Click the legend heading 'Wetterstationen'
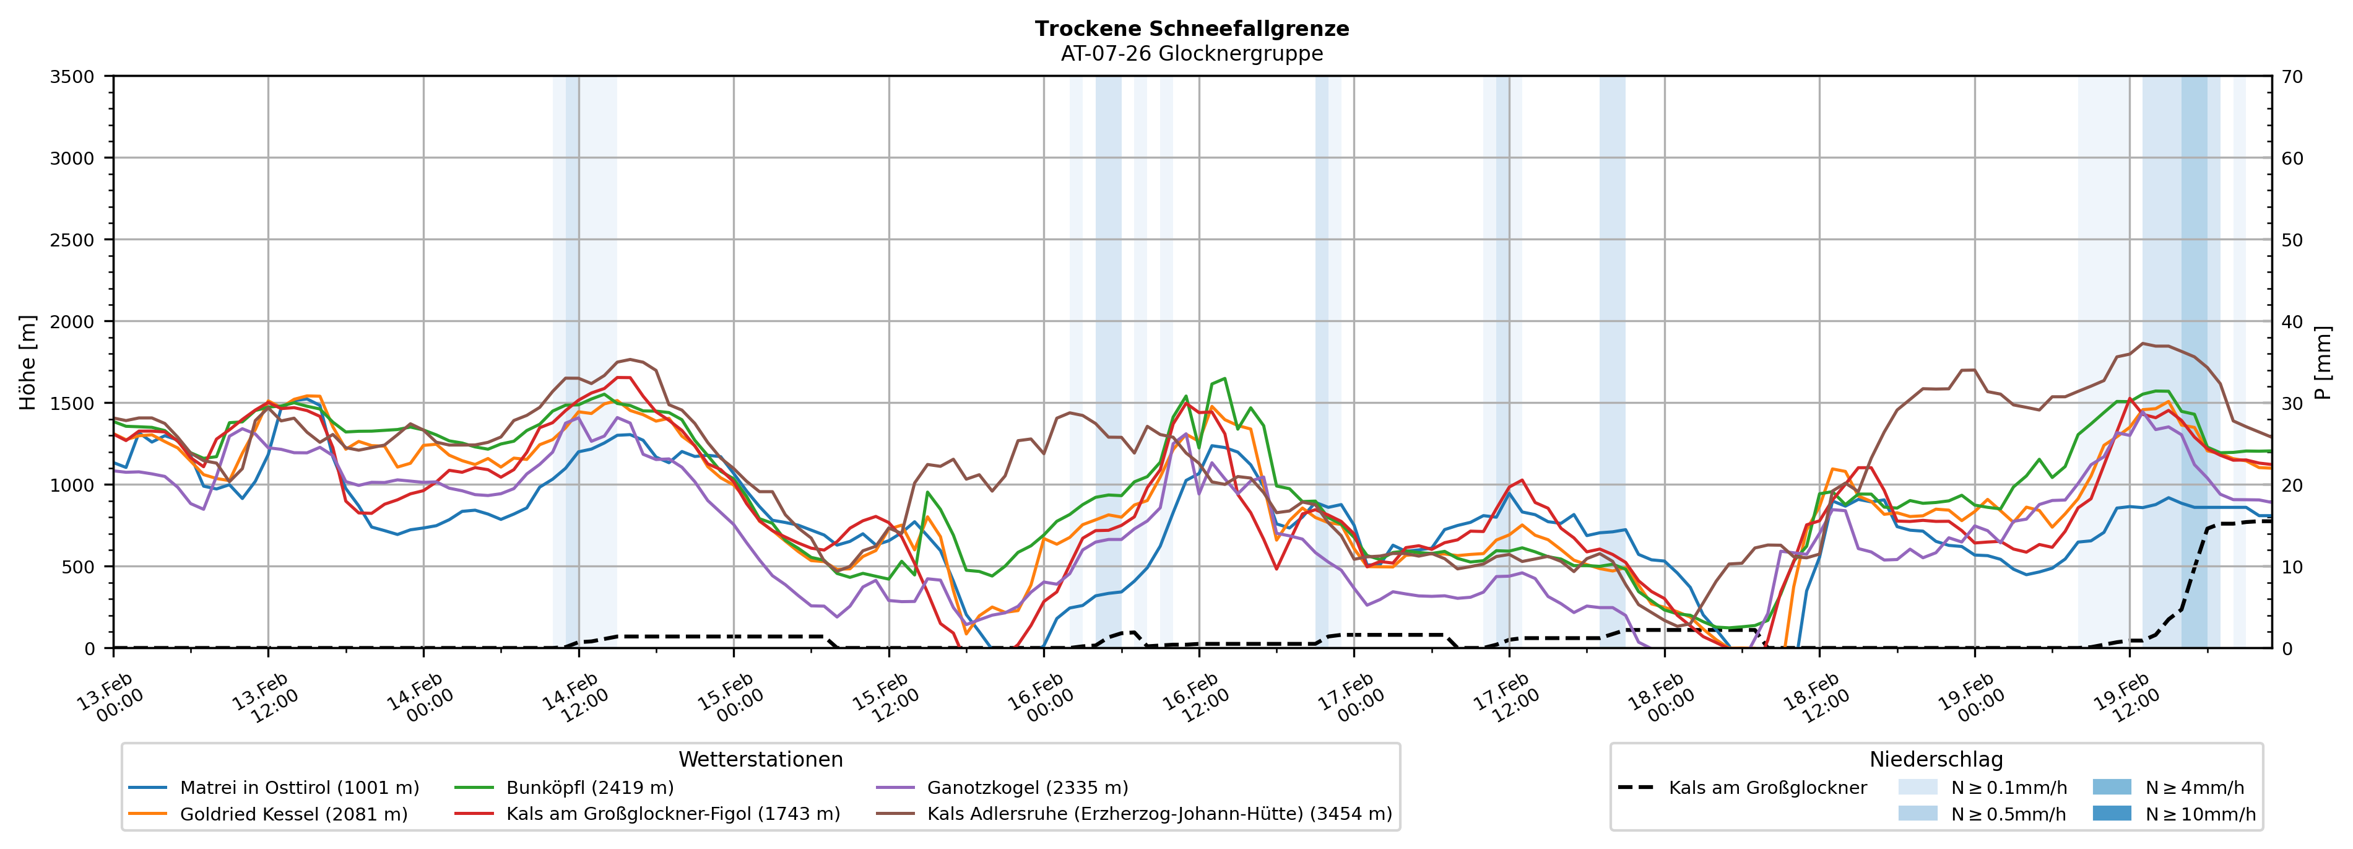[x=760, y=759]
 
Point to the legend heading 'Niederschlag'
[x=1936, y=759]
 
